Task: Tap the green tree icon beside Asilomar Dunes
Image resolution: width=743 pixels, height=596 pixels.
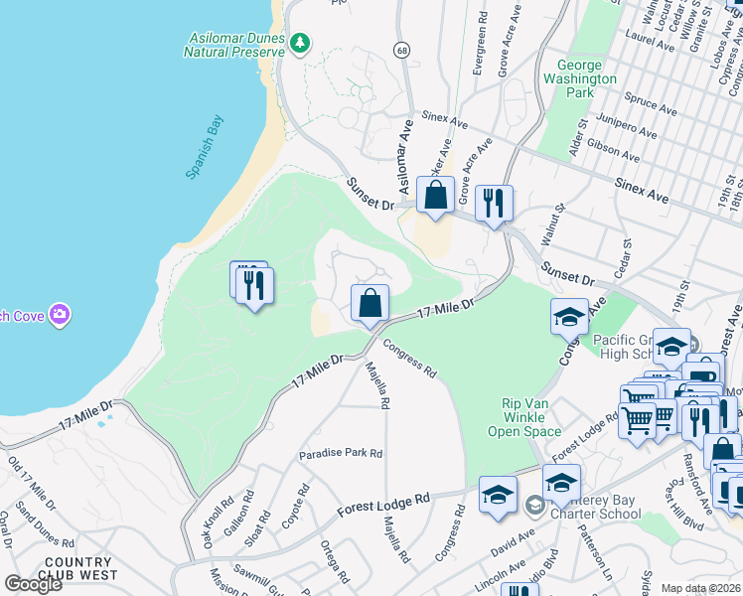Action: pyautogui.click(x=299, y=43)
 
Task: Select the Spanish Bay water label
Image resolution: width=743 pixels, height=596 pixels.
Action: pyautogui.click(x=206, y=147)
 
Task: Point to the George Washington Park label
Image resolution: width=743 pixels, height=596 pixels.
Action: pyautogui.click(x=580, y=78)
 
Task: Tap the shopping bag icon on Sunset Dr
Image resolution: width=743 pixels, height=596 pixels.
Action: pyautogui.click(x=435, y=196)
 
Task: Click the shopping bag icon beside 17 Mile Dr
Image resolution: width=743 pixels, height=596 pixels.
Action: pyautogui.click(x=370, y=303)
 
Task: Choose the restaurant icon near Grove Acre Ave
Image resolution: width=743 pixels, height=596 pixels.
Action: pyautogui.click(x=494, y=204)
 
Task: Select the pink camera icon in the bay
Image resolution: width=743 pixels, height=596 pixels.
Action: pyautogui.click(x=61, y=315)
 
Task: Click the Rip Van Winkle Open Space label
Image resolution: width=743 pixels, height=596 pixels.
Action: pyautogui.click(x=525, y=417)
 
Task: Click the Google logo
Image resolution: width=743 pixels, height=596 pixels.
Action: pyautogui.click(x=32, y=584)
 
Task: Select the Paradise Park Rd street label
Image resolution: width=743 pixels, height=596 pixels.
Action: pyautogui.click(x=341, y=453)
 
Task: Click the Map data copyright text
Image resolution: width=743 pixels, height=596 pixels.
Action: pyautogui.click(x=699, y=588)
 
